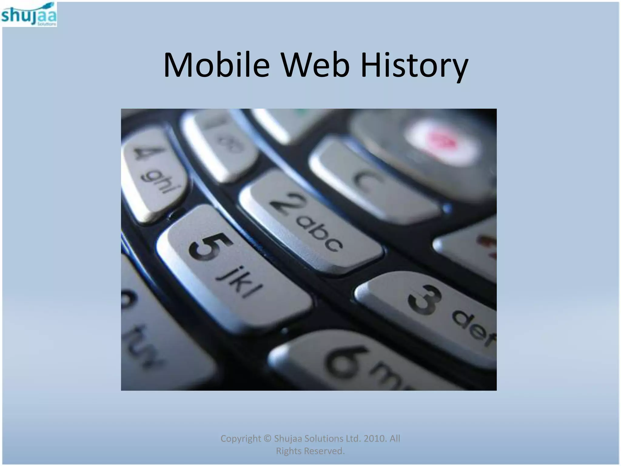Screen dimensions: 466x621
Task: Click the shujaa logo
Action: point(29,15)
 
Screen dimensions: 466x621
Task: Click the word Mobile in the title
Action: point(216,65)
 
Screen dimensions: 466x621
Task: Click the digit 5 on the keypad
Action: point(210,246)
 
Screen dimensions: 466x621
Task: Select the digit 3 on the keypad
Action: point(425,300)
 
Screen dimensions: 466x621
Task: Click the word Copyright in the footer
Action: point(240,438)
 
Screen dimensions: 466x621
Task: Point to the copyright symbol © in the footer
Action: point(267,439)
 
